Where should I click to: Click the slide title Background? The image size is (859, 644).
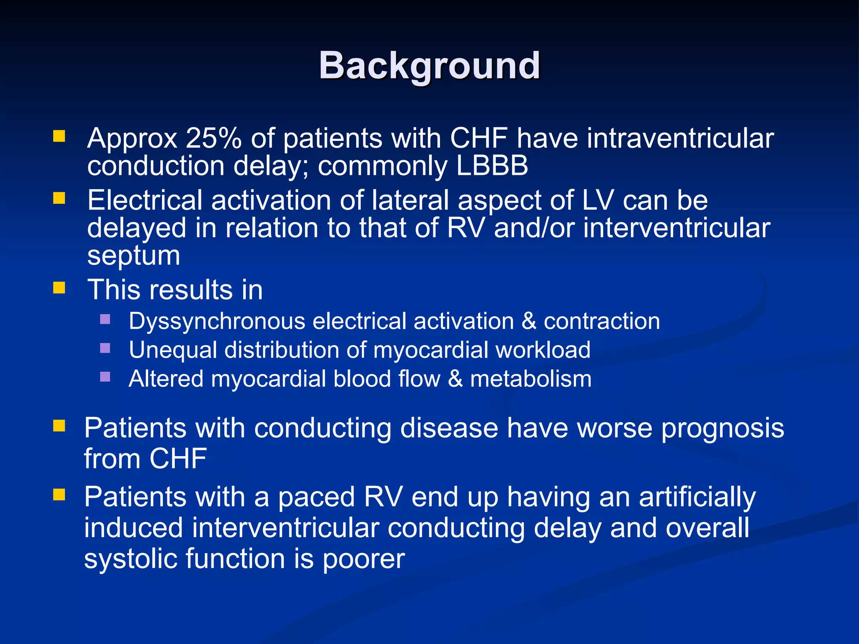[x=429, y=66]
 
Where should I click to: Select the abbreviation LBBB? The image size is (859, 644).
[x=492, y=166]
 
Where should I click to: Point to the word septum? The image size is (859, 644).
[x=133, y=256]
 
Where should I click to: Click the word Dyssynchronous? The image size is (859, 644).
[x=217, y=322]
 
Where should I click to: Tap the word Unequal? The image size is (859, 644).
[x=172, y=350]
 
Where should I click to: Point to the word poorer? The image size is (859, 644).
[x=363, y=559]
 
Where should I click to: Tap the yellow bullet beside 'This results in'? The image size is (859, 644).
[x=59, y=288]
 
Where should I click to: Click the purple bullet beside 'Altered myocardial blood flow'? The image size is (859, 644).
[x=105, y=377]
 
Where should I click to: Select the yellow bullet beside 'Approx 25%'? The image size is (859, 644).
[x=59, y=136]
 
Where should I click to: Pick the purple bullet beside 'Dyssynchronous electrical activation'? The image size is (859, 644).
[x=105, y=319]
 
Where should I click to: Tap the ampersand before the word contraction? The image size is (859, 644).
[x=529, y=322]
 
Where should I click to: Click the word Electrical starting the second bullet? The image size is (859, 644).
[x=145, y=200]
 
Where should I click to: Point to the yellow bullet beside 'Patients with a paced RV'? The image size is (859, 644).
[x=59, y=495]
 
